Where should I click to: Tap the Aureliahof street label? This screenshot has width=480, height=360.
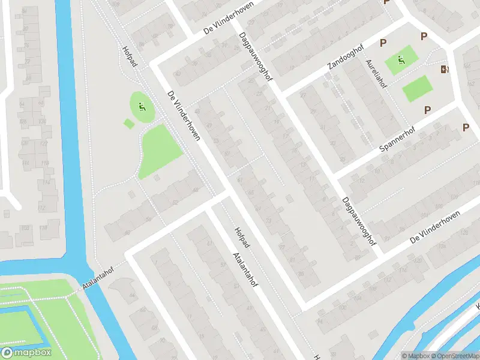pos(377,74)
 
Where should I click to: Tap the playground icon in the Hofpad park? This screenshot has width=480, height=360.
pos(142,108)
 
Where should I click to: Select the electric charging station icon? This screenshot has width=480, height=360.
pos(444,70)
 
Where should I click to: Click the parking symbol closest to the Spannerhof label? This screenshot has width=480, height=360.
pos(427,110)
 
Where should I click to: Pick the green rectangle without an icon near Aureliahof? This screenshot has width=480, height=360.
pos(416,89)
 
